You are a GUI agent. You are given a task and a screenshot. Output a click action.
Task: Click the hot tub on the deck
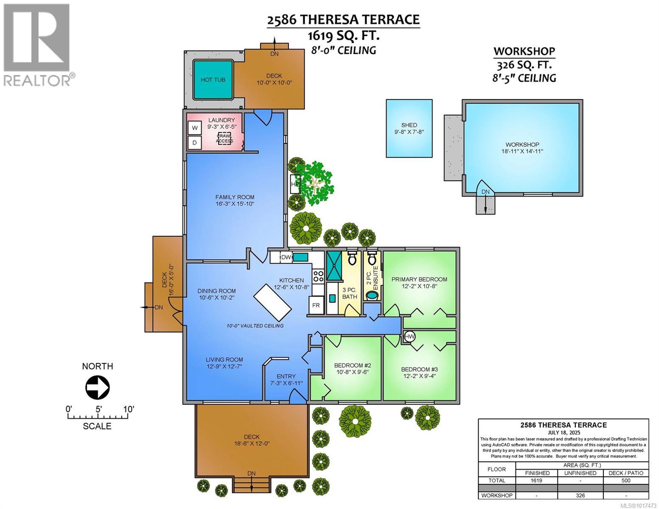[213, 79]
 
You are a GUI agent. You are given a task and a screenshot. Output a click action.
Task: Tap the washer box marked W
[195, 128]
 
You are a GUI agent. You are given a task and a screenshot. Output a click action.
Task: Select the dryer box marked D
[195, 143]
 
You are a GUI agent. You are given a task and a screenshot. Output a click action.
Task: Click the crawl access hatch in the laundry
[225, 138]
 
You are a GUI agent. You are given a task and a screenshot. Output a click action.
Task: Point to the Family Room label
[235, 197]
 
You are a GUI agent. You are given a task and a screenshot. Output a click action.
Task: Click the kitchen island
[272, 302]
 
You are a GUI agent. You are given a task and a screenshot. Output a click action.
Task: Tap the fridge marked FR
[316, 305]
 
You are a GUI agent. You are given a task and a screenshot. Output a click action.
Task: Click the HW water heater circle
[409, 337]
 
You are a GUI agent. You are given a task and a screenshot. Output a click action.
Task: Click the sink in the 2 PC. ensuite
[372, 295]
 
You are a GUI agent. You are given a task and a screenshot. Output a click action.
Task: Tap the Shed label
[409, 125]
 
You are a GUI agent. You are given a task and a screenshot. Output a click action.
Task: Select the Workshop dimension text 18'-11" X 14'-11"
[522, 151]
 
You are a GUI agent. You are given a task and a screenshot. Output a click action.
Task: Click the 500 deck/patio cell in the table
[625, 481]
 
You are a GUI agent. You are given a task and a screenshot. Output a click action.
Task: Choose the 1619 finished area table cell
[537, 481]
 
